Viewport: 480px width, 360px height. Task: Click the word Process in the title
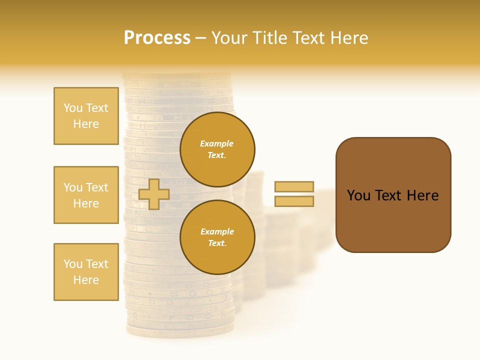pos(157,38)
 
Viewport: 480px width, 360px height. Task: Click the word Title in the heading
pos(270,38)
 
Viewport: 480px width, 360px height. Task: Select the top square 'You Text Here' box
pos(86,116)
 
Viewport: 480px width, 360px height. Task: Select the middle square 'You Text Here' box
pos(86,195)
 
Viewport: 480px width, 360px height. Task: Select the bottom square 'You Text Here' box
pos(86,272)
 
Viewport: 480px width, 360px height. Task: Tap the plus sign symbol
pos(153,194)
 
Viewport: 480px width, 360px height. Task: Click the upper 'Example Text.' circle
pos(217,149)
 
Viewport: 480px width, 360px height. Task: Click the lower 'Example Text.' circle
pos(217,237)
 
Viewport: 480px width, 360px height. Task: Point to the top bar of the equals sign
pos(294,187)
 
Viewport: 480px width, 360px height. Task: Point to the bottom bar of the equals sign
pos(294,201)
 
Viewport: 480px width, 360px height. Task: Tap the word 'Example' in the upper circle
pos(216,144)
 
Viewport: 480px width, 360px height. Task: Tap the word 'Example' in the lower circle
pos(216,232)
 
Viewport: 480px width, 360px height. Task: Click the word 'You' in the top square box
pos(72,108)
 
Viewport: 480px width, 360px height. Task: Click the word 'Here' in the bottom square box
pos(86,280)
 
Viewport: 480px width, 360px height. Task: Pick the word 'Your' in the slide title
pos(229,38)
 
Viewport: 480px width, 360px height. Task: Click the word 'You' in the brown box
pos(358,195)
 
